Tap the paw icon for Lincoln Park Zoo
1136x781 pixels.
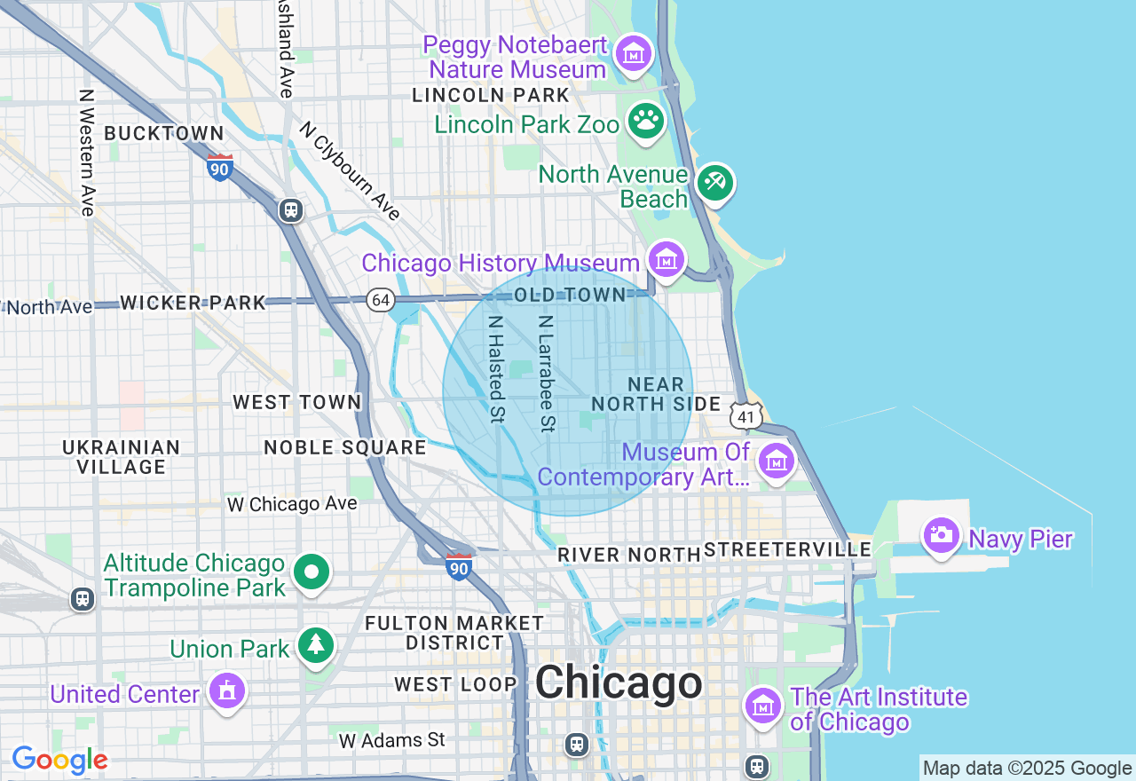click(x=646, y=121)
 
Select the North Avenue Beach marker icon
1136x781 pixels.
click(x=714, y=183)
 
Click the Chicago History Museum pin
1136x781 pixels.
click(x=666, y=259)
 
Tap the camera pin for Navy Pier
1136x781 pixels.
click(x=941, y=535)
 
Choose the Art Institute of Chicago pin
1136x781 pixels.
click(x=762, y=706)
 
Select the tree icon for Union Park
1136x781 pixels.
click(x=315, y=645)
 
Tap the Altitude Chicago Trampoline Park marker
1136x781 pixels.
click(x=312, y=572)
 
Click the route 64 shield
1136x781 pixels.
click(x=380, y=300)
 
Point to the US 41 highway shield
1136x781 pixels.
click(x=746, y=414)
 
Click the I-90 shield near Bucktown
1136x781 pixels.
click(x=220, y=167)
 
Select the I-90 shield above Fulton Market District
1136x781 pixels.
click(x=459, y=566)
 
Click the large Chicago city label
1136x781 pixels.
click(x=619, y=683)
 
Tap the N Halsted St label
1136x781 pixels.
click(x=496, y=369)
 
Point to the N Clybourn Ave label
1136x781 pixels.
click(x=350, y=170)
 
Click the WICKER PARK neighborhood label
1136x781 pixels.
click(x=193, y=303)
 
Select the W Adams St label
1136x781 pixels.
click(x=391, y=739)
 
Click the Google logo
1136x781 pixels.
click(x=59, y=761)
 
